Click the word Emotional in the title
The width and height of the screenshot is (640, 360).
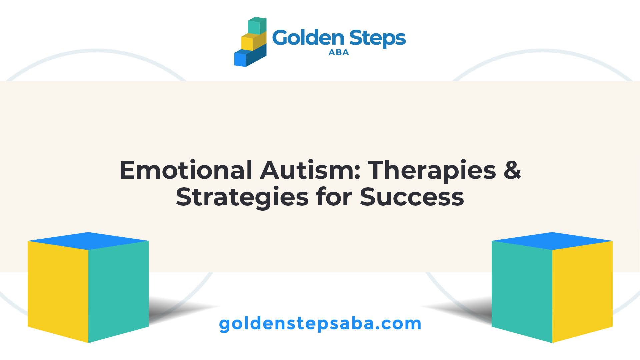(186, 170)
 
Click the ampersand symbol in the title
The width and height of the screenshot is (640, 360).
(512, 170)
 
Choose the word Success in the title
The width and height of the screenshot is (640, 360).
(412, 197)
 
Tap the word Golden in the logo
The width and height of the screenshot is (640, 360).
(308, 37)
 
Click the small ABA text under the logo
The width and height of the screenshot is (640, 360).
(339, 52)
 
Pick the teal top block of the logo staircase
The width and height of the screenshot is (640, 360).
(257, 26)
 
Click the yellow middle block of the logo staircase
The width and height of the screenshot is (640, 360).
(254, 42)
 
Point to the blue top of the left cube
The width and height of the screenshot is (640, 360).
(88, 241)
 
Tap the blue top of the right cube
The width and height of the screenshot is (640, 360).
(552, 241)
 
